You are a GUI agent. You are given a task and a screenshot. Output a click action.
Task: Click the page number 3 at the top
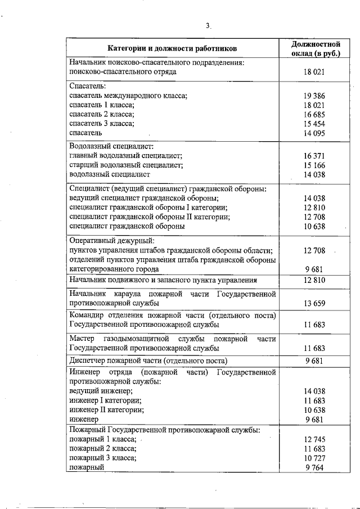(x=207, y=25)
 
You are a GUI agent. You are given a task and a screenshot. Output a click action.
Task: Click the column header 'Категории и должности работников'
(x=173, y=48)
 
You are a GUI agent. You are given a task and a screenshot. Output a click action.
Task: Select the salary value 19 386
(x=315, y=96)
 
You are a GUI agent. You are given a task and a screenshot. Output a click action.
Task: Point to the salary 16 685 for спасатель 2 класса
(x=315, y=114)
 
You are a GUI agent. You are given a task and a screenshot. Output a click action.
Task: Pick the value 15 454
(x=315, y=124)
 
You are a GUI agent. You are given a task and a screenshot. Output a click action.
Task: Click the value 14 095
(x=315, y=133)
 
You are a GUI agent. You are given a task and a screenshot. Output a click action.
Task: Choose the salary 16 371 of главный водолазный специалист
(x=315, y=156)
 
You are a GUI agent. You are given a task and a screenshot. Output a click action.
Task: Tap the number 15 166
(x=315, y=165)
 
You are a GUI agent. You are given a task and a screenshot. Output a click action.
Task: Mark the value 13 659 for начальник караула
(x=315, y=303)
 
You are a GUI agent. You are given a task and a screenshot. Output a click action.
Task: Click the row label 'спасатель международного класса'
(x=128, y=96)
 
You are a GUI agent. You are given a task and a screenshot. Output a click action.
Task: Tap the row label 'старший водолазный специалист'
(x=125, y=165)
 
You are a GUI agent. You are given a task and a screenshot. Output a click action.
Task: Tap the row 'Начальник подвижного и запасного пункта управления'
(x=163, y=280)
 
